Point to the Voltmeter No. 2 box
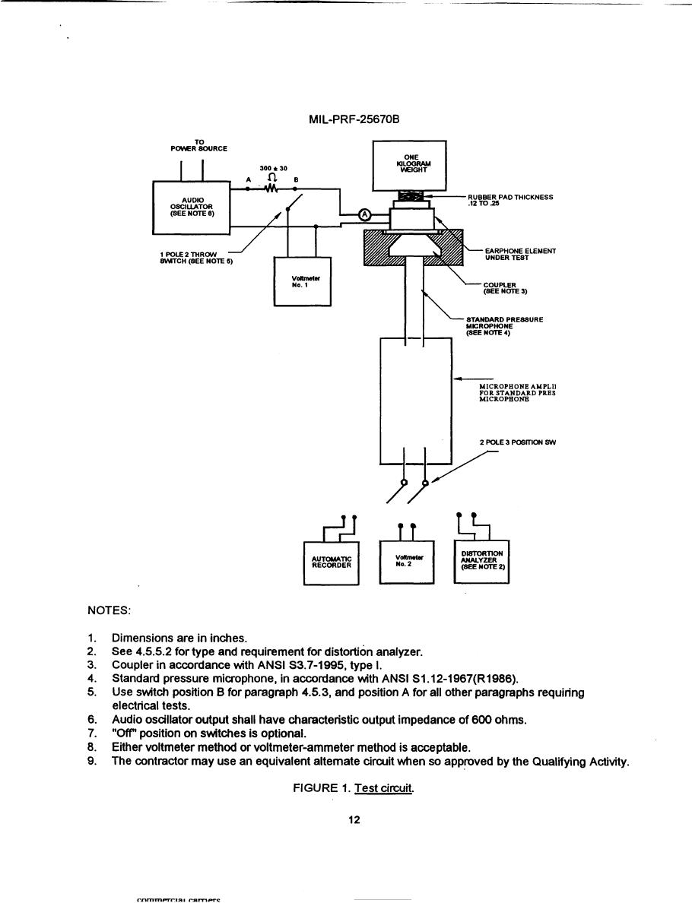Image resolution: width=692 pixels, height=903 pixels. point(405,562)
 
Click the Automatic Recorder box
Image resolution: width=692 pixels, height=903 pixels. point(331,562)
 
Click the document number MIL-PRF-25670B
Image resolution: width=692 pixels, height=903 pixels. point(345,120)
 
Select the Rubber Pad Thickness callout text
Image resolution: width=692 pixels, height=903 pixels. point(510,200)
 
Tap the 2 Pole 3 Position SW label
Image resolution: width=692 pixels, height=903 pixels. point(519,442)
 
